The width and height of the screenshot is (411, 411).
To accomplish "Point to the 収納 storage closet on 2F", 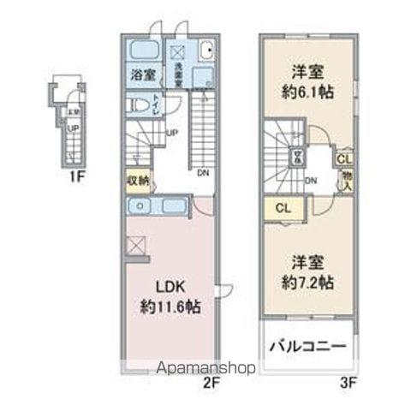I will (x=139, y=180).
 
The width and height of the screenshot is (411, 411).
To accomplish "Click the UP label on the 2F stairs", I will (x=172, y=133).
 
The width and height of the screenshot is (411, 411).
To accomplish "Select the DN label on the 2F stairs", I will (x=203, y=173).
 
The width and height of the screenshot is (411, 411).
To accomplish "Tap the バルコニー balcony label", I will (x=308, y=348).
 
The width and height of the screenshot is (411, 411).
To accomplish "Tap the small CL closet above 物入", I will (x=342, y=159).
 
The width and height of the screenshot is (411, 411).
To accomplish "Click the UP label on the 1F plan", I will (x=73, y=129).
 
